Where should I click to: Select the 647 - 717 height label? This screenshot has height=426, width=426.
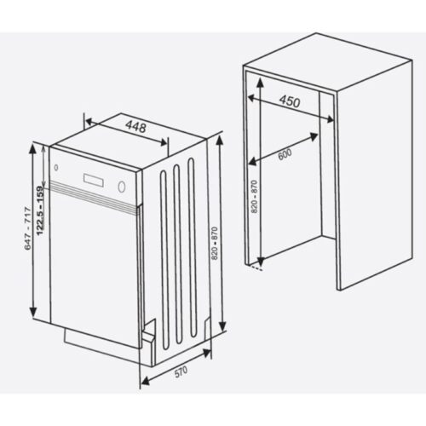(26, 228)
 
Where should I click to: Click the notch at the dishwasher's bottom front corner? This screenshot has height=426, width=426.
(148, 337)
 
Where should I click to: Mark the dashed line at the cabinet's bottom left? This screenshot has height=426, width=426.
(254, 270)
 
